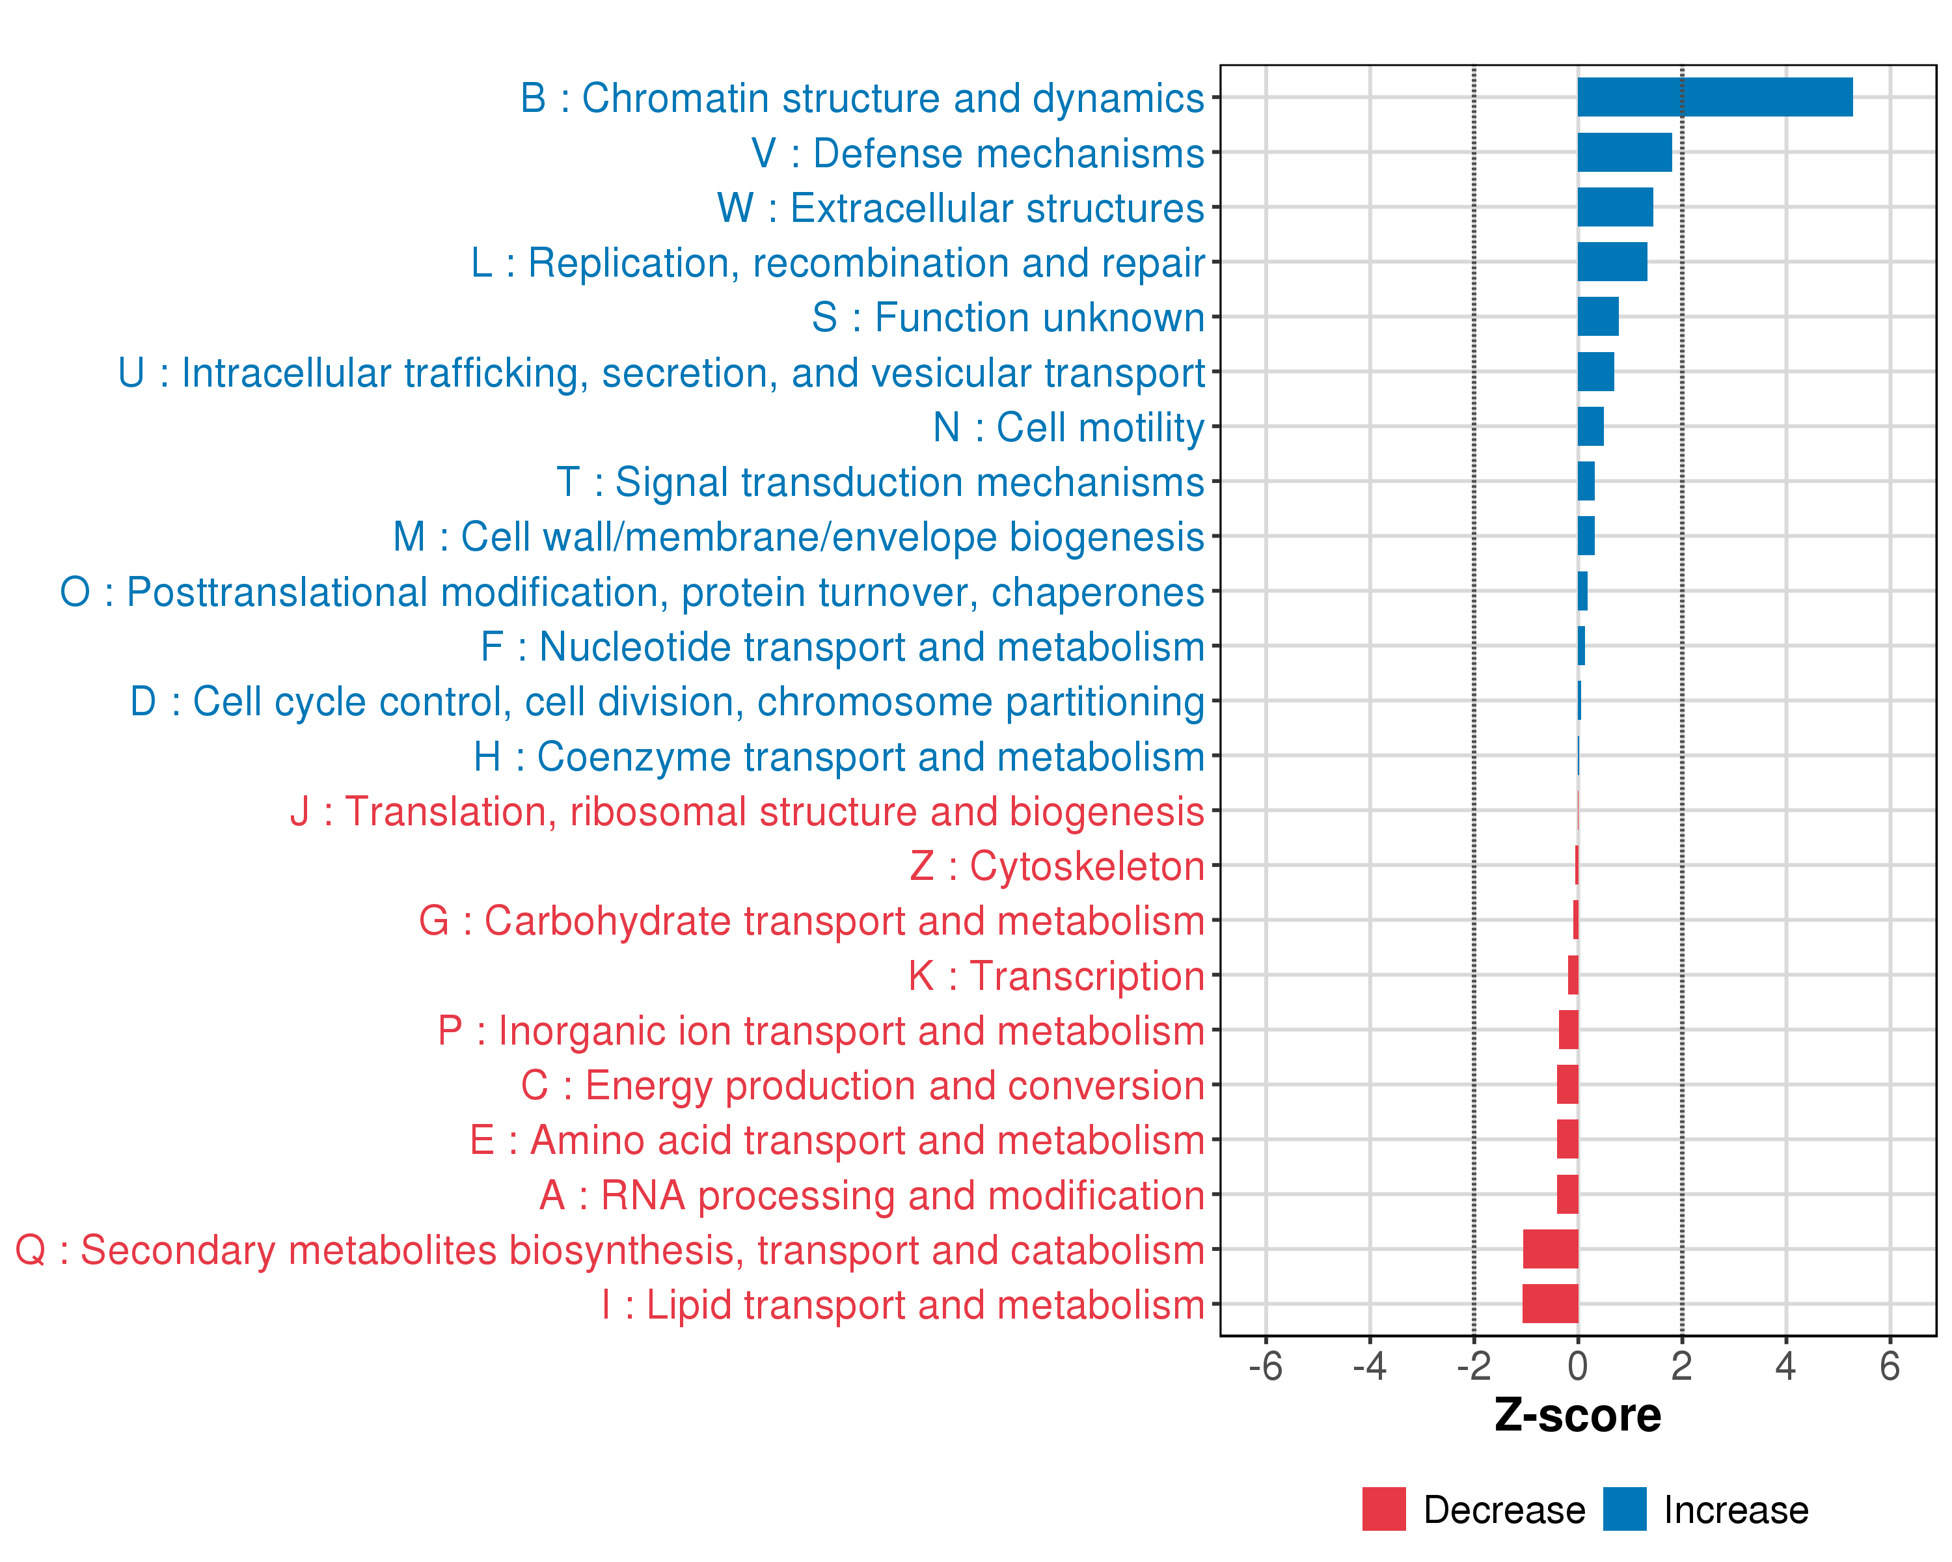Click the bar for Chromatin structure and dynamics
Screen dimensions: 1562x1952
point(1715,97)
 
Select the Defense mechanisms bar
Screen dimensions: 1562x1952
point(1624,152)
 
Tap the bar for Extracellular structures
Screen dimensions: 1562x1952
point(1615,208)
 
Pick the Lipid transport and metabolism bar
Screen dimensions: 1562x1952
point(1550,1304)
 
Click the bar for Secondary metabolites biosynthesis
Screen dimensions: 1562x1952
point(1550,1249)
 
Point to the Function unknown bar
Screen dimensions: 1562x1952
point(1598,317)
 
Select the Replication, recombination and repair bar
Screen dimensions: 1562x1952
point(1612,262)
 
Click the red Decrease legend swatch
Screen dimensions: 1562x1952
point(1383,1509)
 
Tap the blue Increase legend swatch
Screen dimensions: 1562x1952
point(1624,1509)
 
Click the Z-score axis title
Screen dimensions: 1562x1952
point(1577,1416)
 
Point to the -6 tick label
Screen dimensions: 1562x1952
point(1265,1366)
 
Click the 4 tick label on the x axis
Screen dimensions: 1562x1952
point(1785,1366)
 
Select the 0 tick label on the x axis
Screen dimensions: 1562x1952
point(1577,1366)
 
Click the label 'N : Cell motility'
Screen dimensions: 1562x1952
point(1068,428)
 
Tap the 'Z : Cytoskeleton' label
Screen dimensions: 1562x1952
point(1057,866)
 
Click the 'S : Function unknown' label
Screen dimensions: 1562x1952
point(1008,318)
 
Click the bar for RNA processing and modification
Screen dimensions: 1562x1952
point(1567,1194)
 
